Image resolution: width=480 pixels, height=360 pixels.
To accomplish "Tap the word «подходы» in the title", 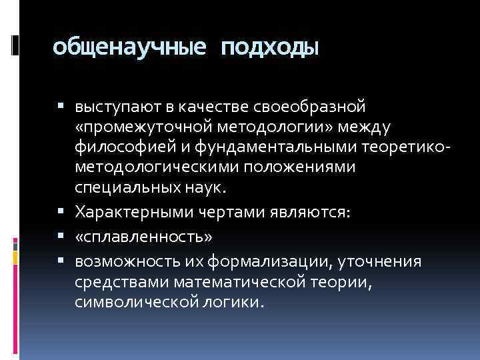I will pyautogui.click(x=269, y=48).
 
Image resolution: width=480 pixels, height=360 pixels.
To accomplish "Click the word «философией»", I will pyautogui.click(x=119, y=145).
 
